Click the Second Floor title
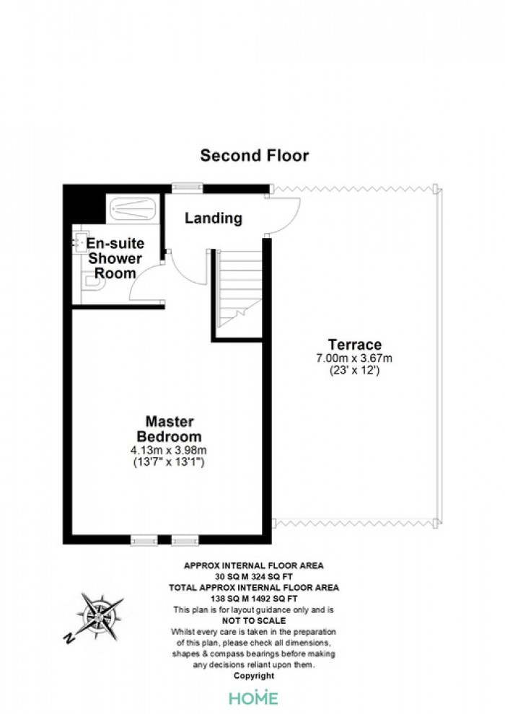(255, 156)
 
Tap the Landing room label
(213, 218)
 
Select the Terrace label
(355, 344)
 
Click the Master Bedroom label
(170, 429)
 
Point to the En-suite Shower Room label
(115, 258)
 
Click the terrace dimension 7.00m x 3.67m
(354, 358)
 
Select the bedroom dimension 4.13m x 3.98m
(169, 450)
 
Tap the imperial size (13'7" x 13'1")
(169, 462)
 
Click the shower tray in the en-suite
(133, 208)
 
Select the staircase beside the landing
(239, 288)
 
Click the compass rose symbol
(100, 617)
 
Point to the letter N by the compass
(69, 638)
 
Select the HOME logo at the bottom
(254, 697)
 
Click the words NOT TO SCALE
(254, 621)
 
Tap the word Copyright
(254, 676)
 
